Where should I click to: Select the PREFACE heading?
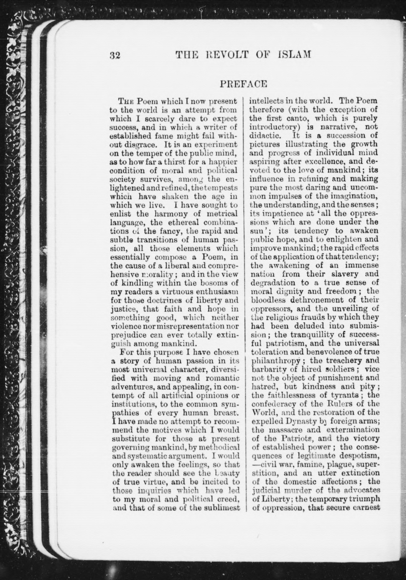click(244, 84)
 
